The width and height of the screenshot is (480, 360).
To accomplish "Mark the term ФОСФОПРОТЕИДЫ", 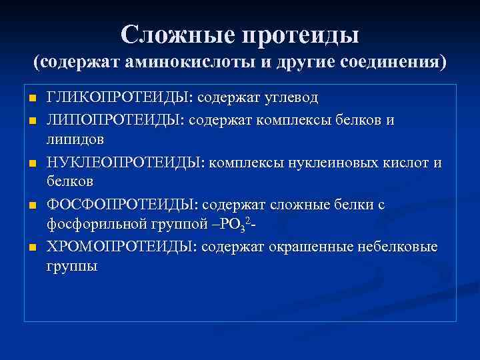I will (x=121, y=205).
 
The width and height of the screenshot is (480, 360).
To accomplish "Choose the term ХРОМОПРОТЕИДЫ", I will (x=121, y=247).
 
